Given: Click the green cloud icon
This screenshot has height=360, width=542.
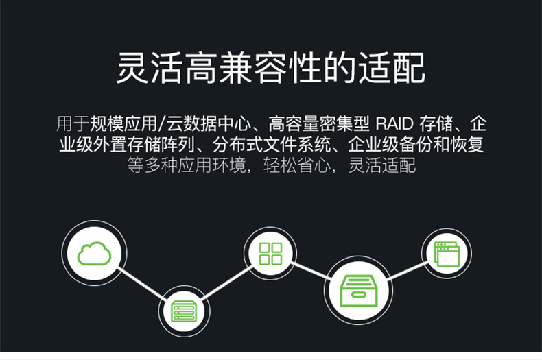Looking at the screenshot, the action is pyautogui.click(x=94, y=253).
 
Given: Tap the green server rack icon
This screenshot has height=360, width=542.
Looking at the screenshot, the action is pyautogui.click(x=182, y=311).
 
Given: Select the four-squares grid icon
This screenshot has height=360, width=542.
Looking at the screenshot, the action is pyautogui.click(x=270, y=253).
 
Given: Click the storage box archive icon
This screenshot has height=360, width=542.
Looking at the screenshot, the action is pyautogui.click(x=358, y=290).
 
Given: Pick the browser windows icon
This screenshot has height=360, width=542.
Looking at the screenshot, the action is pyautogui.click(x=446, y=253).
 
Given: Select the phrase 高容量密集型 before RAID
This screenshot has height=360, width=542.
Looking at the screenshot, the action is pyautogui.click(x=319, y=124).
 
